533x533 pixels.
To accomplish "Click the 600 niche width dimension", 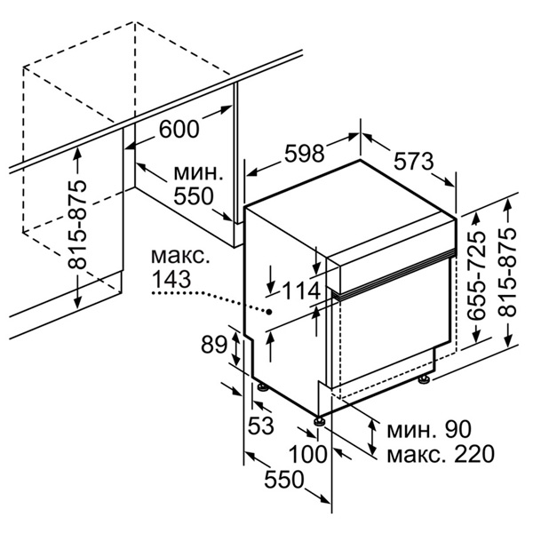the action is pos(179,129).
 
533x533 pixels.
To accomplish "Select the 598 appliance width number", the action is pos(304,154).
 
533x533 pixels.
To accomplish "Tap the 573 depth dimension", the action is pos(414,162).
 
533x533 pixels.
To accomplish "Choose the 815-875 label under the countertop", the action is pos(77,226).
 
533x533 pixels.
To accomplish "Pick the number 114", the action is pos(302,291).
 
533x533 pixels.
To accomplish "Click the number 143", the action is pos(171,280).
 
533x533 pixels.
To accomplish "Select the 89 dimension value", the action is pos(213,345).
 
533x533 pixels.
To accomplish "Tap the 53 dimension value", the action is pos(260,426).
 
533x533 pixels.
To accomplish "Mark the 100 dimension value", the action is pos(307,454).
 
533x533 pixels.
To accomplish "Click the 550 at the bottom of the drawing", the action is pos(283,480).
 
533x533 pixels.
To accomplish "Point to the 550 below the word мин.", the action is pos(193,196).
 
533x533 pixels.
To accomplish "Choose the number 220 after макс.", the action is pos(473,454).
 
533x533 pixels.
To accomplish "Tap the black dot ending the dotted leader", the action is pos(269,312).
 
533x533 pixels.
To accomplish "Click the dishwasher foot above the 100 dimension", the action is pos(319,420).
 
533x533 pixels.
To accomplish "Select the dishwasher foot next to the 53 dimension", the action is pos(262,387).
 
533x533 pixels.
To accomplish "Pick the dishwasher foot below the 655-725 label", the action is pos(425,379).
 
